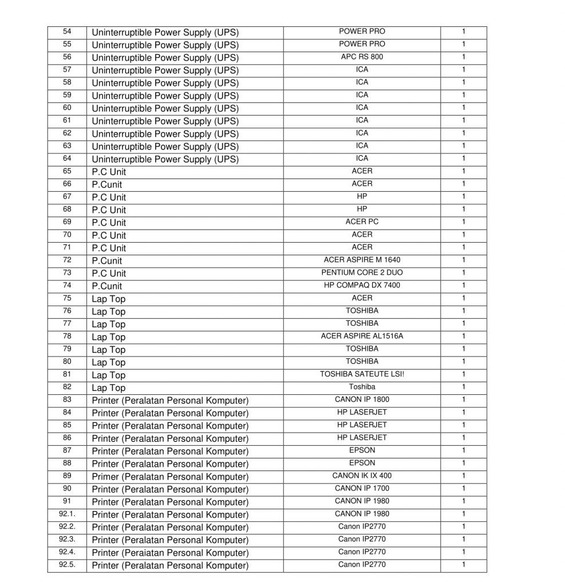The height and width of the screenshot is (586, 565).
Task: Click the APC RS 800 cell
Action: click(x=362, y=57)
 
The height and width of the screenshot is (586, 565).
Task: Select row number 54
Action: click(x=67, y=31)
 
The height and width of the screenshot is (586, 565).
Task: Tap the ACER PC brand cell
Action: click(x=362, y=221)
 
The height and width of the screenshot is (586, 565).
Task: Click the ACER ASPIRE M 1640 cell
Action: click(x=362, y=260)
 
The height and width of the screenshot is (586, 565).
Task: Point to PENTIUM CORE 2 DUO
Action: click(x=362, y=272)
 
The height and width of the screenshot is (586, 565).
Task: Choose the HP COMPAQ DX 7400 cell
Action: click(x=362, y=285)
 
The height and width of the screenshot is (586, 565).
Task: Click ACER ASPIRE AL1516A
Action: click(x=362, y=336)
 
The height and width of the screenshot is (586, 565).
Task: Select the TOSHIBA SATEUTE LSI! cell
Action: click(x=362, y=374)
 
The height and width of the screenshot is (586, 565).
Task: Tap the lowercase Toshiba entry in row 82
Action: click(x=362, y=387)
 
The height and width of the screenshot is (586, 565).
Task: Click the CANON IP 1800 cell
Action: click(x=362, y=399)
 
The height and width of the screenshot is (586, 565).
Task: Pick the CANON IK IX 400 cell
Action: click(x=362, y=476)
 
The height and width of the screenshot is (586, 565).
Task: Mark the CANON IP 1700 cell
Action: click(x=362, y=488)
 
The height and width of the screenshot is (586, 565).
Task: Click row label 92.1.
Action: click(x=67, y=514)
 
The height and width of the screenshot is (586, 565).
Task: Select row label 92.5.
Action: click(x=67, y=565)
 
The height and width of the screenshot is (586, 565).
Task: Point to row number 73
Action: click(x=67, y=272)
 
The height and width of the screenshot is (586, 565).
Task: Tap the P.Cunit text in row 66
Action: click(x=106, y=184)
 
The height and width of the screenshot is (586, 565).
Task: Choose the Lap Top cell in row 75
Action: click(x=108, y=299)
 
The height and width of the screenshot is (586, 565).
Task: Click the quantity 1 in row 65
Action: click(x=463, y=171)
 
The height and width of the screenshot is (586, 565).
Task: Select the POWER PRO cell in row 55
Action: click(x=362, y=44)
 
